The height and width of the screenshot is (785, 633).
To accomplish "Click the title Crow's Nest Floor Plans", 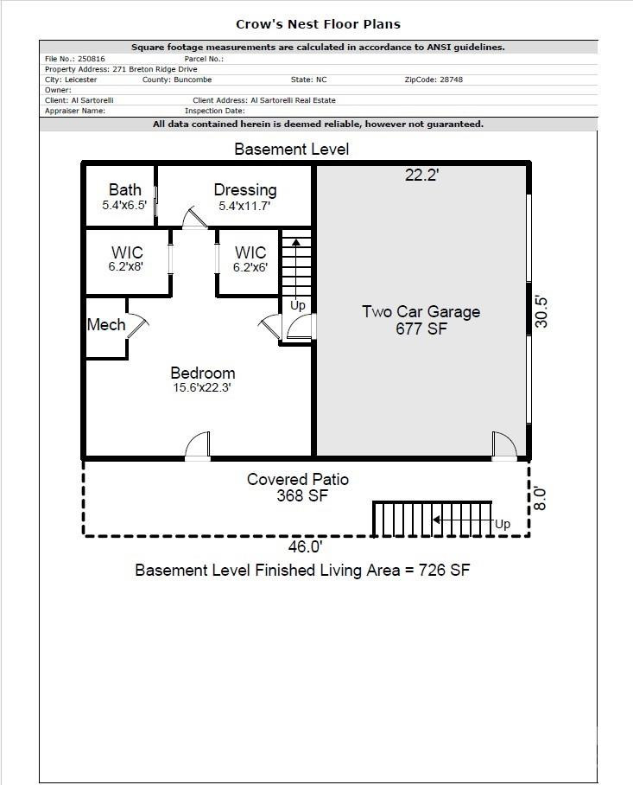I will [x=318, y=24].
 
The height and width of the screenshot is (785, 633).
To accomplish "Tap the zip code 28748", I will [x=446, y=80].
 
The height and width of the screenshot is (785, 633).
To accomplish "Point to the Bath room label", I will [x=124, y=190].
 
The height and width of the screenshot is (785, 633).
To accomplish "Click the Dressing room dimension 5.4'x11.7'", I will [x=245, y=207].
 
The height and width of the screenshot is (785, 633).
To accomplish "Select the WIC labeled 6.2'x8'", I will [x=126, y=267].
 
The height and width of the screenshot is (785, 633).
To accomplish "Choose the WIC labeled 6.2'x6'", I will [x=250, y=268].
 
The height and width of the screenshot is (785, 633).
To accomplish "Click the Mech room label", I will [x=106, y=325].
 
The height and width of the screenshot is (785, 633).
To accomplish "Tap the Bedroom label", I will [x=202, y=373].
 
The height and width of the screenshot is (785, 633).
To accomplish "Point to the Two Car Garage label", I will [x=421, y=312].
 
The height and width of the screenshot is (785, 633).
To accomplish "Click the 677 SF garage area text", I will [x=421, y=329].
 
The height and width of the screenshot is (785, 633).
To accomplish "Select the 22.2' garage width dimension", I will [x=423, y=176].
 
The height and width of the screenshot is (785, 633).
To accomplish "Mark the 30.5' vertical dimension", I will [x=541, y=311].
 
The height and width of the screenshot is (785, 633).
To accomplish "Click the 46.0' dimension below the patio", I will [x=305, y=546].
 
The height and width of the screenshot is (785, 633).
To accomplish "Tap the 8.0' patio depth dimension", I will [x=541, y=498].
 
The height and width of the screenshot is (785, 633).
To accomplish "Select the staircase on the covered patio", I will [x=432, y=519].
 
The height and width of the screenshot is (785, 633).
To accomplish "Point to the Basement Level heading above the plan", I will [x=292, y=150].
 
